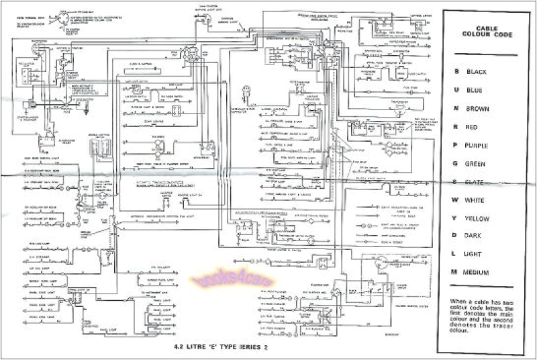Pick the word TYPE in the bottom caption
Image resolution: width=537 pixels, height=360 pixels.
(x=227, y=349)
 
